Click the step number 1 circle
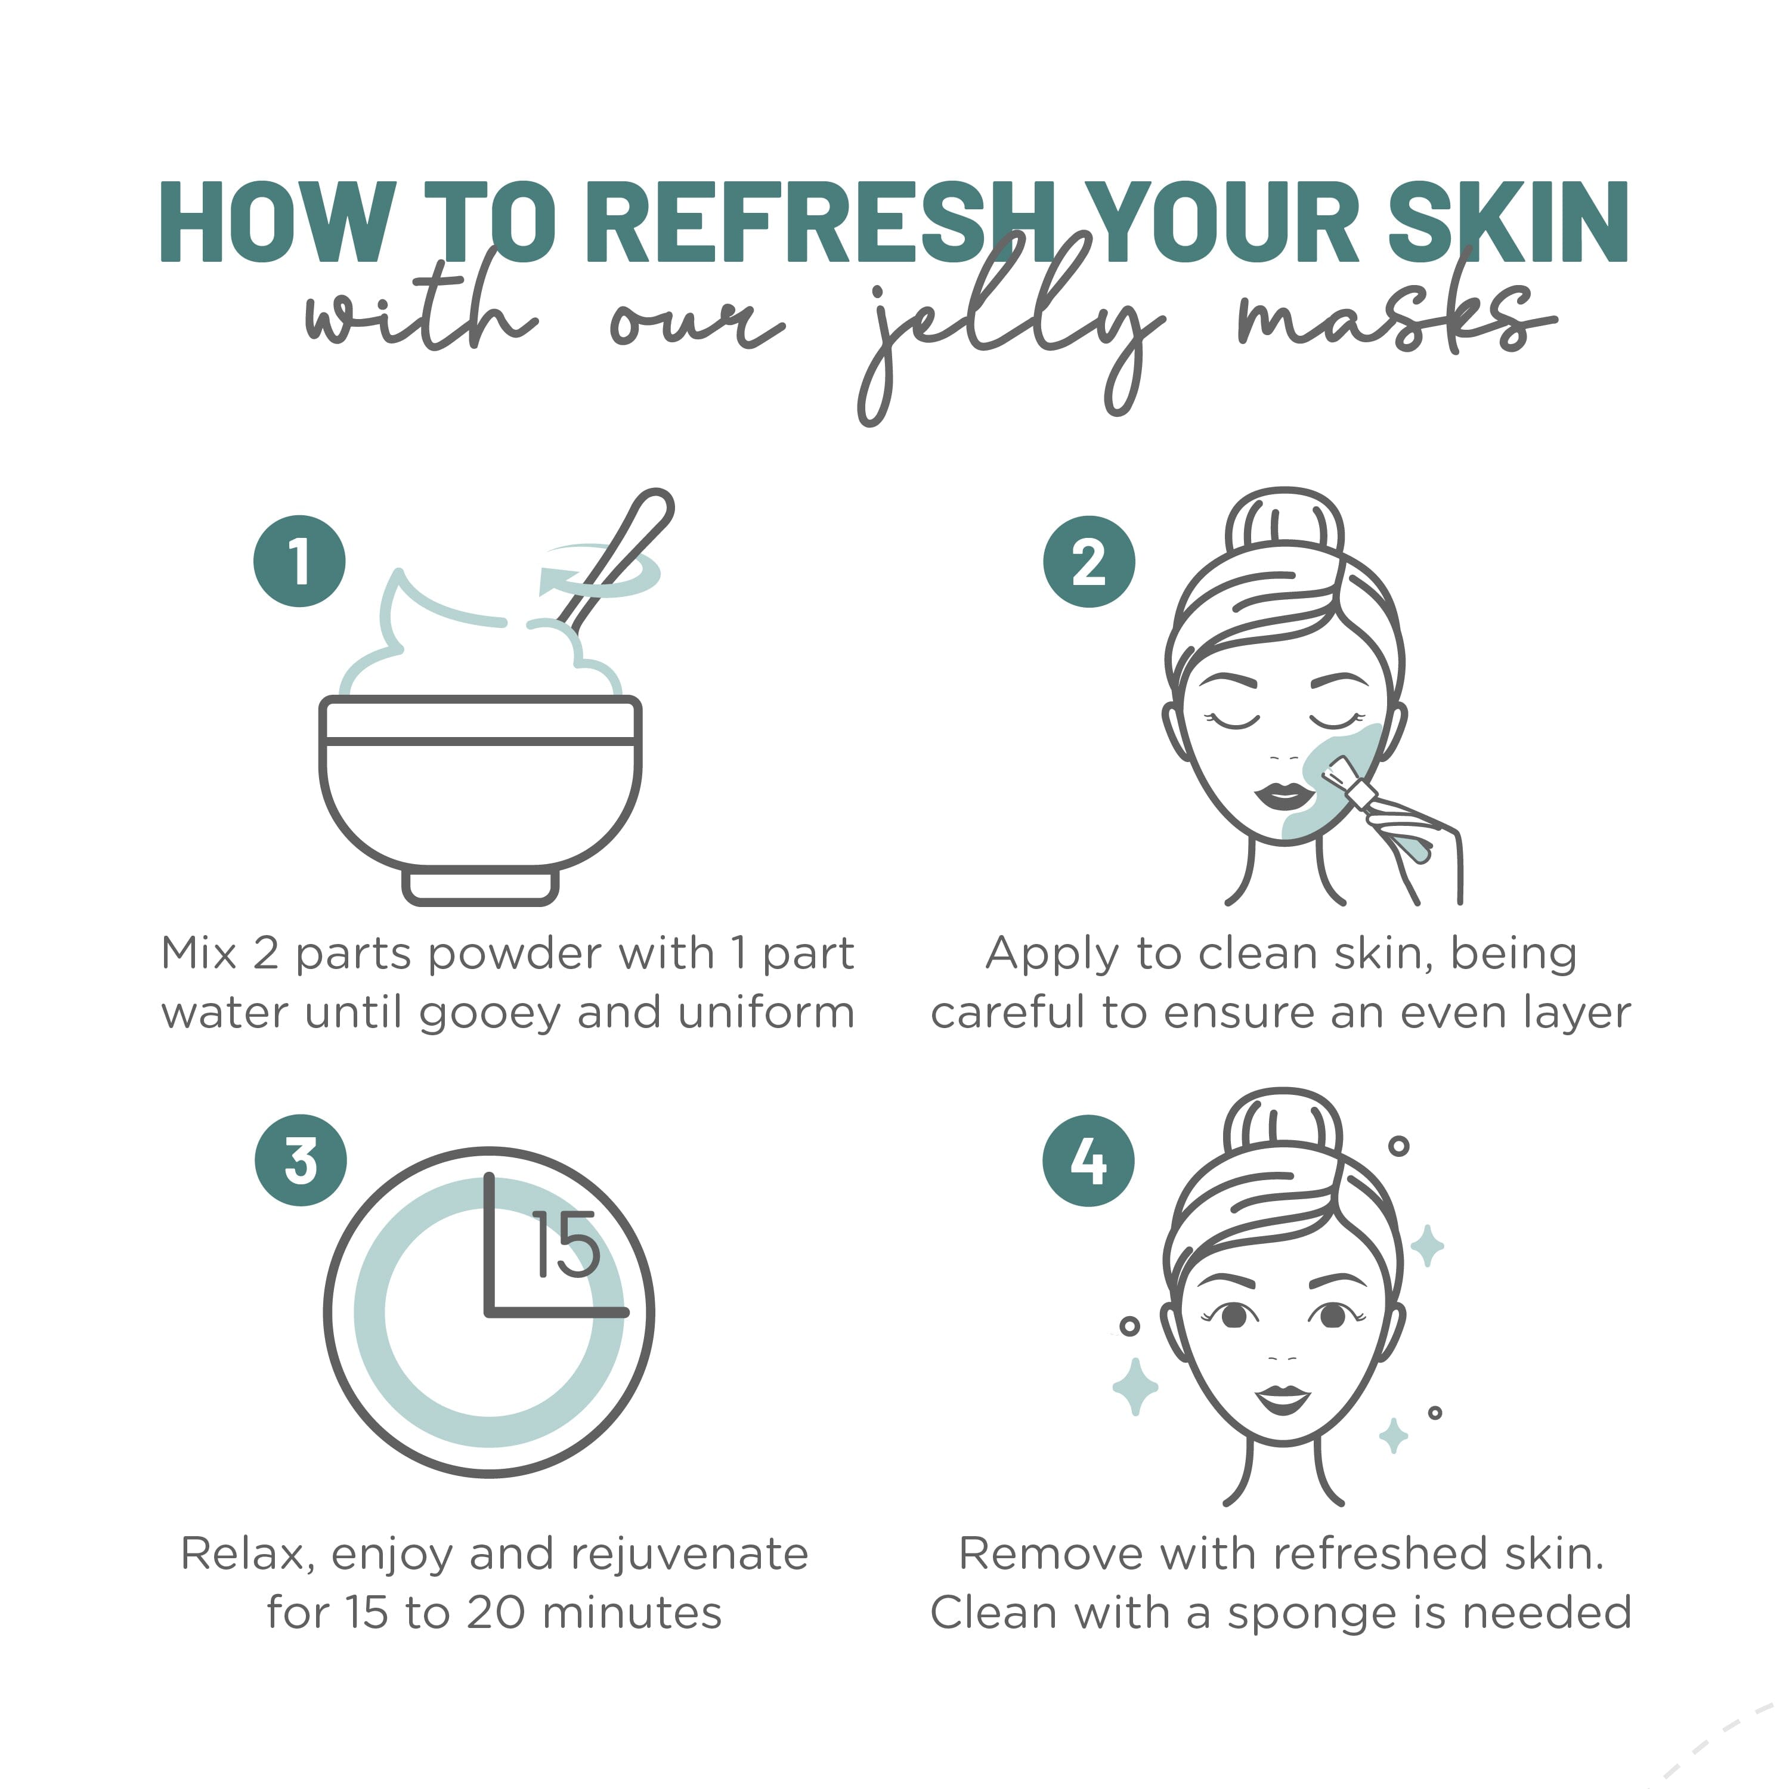coord(299,561)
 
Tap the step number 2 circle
coord(1088,561)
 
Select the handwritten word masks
coord(1389,315)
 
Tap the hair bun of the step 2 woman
coord(1283,528)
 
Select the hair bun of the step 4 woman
coord(1283,1128)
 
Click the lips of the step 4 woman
coord(1283,1397)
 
